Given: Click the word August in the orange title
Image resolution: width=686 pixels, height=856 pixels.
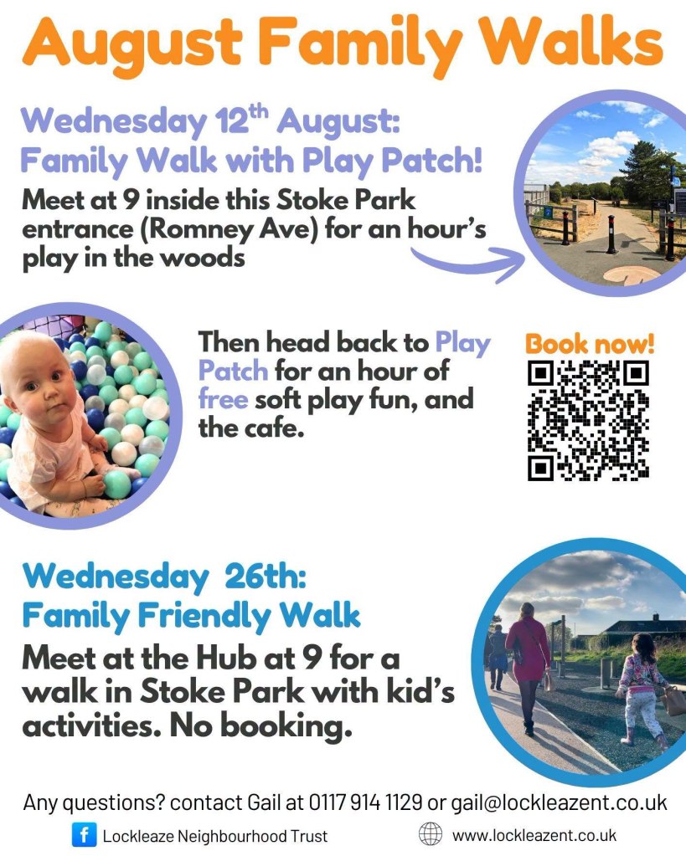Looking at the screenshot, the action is [132, 44].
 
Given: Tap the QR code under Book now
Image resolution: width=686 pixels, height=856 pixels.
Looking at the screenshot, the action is [588, 421].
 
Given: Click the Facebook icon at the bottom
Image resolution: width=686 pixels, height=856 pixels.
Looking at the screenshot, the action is [84, 835].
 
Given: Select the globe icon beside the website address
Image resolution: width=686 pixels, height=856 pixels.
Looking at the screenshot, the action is [431, 834].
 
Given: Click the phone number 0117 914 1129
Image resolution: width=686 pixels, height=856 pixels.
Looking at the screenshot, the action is [365, 802].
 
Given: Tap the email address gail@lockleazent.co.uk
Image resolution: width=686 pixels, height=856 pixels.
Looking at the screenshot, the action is [559, 803].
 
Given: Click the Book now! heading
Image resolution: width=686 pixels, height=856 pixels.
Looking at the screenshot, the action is [589, 344].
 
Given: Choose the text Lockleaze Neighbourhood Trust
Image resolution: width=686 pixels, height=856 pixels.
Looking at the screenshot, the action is [214, 836].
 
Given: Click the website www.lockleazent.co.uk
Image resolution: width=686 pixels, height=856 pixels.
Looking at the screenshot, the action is [534, 835].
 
